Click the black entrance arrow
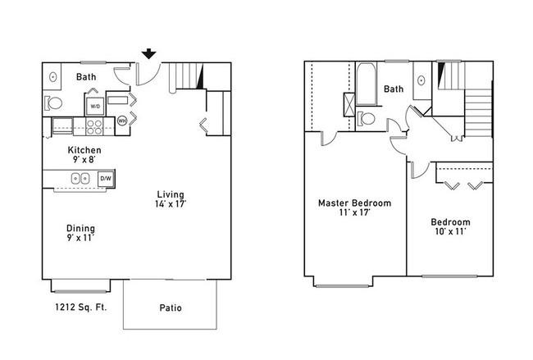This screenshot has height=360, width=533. [x=149, y=53]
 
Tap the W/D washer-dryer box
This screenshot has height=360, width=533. [x=95, y=107]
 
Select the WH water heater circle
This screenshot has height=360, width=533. [x=122, y=121]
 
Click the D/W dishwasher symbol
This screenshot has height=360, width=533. [x=106, y=179]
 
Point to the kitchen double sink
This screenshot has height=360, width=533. [x=80, y=179]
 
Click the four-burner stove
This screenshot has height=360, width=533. [x=94, y=127]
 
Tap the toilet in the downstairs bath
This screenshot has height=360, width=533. [x=53, y=103]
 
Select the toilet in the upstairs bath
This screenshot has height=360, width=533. [x=366, y=119]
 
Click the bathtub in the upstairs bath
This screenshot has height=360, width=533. [x=366, y=84]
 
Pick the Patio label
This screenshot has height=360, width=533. [x=171, y=308]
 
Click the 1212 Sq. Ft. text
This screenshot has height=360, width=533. [x=81, y=308]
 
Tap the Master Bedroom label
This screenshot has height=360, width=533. [x=354, y=203]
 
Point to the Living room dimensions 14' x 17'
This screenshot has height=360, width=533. [x=171, y=204]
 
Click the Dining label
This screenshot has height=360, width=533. [x=80, y=228]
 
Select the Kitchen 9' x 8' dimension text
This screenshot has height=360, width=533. [x=84, y=159]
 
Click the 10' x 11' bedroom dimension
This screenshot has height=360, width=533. [x=450, y=231]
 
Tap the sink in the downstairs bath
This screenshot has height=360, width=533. [x=53, y=77]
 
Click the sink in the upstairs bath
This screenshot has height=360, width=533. [x=421, y=81]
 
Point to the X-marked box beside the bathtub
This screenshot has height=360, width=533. [x=349, y=105]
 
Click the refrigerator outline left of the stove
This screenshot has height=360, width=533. [x=61, y=125]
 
